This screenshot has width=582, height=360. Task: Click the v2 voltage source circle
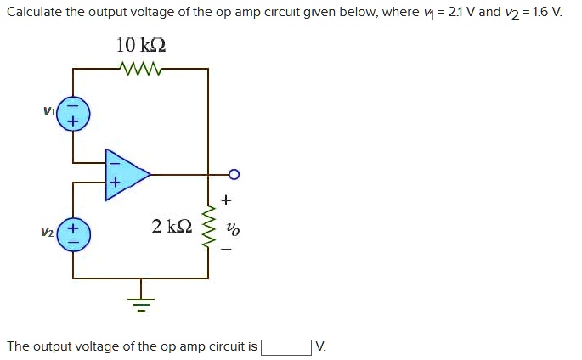(73, 235)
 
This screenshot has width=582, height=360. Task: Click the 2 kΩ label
(172, 227)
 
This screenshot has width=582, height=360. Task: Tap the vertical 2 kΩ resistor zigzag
(208, 227)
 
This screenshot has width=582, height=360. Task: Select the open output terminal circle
(234, 175)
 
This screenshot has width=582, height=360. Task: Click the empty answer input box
(285, 346)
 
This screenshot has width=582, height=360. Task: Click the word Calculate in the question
(34, 13)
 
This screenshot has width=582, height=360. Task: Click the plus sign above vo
(226, 201)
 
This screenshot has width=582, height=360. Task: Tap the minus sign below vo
(226, 251)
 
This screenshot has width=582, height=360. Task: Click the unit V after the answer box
(320, 346)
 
